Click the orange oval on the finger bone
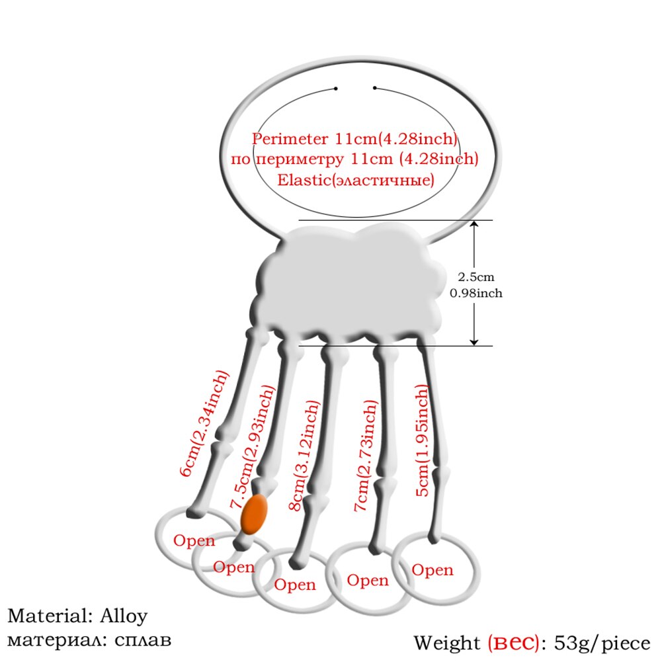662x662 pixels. tap(254, 514)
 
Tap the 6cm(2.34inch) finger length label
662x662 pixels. tap(204, 423)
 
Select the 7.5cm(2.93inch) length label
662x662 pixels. tap(253, 446)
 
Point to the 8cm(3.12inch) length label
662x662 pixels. tap(304, 456)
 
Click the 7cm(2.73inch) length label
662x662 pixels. tap(366, 456)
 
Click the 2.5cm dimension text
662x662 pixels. tap(476, 277)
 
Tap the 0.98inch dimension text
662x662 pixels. tap(476, 293)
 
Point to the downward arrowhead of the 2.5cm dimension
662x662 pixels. tap(474, 341)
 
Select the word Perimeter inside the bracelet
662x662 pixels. tap(290, 139)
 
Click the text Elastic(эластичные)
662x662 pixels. tap(356, 180)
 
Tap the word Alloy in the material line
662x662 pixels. tap(124, 616)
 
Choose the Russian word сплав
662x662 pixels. tap(143, 640)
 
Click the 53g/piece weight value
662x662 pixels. tap(602, 643)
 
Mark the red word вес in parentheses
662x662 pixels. tap(514, 643)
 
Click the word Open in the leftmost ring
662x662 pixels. tap(194, 541)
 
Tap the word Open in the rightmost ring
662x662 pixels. tap(433, 570)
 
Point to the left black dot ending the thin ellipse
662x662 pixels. tap(336, 89)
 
